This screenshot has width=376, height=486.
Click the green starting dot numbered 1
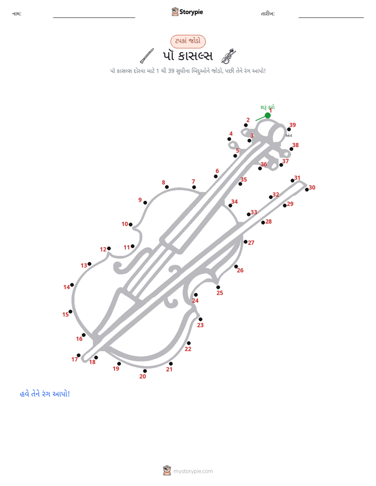[268, 115]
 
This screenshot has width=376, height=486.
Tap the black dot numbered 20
[145, 371]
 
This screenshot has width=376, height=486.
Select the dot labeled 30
[307, 189]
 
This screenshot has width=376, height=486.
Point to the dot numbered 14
[72, 285]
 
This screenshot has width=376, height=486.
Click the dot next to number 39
[289, 129]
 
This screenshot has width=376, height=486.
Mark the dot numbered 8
[167, 187]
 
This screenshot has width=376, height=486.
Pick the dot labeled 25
[218, 287]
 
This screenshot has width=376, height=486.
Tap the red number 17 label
[74, 359]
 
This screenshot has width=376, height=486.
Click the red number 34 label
[234, 201]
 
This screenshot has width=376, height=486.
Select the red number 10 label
[125, 224]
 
